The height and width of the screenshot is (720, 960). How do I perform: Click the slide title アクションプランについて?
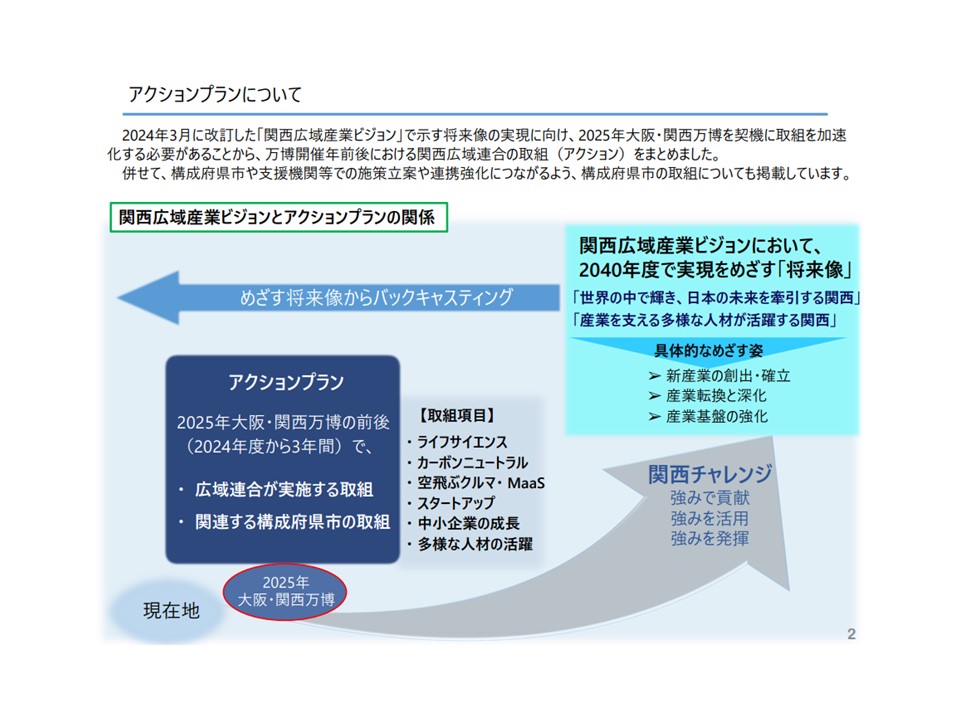click(215, 94)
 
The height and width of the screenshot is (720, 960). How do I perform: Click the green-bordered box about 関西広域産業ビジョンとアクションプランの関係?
click(279, 217)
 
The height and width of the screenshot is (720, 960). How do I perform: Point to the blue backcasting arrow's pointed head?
click(118, 298)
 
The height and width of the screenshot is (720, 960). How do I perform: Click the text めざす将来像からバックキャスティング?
click(376, 298)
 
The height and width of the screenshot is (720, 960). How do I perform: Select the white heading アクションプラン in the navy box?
click(286, 382)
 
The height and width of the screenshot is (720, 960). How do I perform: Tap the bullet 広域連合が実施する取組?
click(283, 490)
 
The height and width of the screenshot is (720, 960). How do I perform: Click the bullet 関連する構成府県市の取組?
click(292, 522)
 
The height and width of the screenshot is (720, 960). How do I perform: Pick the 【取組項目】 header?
click(457, 416)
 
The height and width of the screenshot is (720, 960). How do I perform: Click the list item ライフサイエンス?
click(462, 442)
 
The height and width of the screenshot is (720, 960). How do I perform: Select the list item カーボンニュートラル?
click(472, 462)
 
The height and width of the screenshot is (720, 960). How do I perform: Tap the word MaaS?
click(526, 483)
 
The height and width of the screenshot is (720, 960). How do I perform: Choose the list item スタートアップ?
click(456, 503)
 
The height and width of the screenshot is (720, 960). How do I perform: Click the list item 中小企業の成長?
click(468, 523)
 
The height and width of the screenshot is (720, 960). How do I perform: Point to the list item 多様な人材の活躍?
click(475, 544)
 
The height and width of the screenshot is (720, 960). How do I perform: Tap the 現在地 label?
click(171, 610)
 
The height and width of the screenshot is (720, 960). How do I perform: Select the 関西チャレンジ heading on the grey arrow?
click(710, 474)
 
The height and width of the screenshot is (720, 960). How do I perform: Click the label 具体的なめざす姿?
click(708, 351)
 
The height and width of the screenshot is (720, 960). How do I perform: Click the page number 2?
click(851, 634)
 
